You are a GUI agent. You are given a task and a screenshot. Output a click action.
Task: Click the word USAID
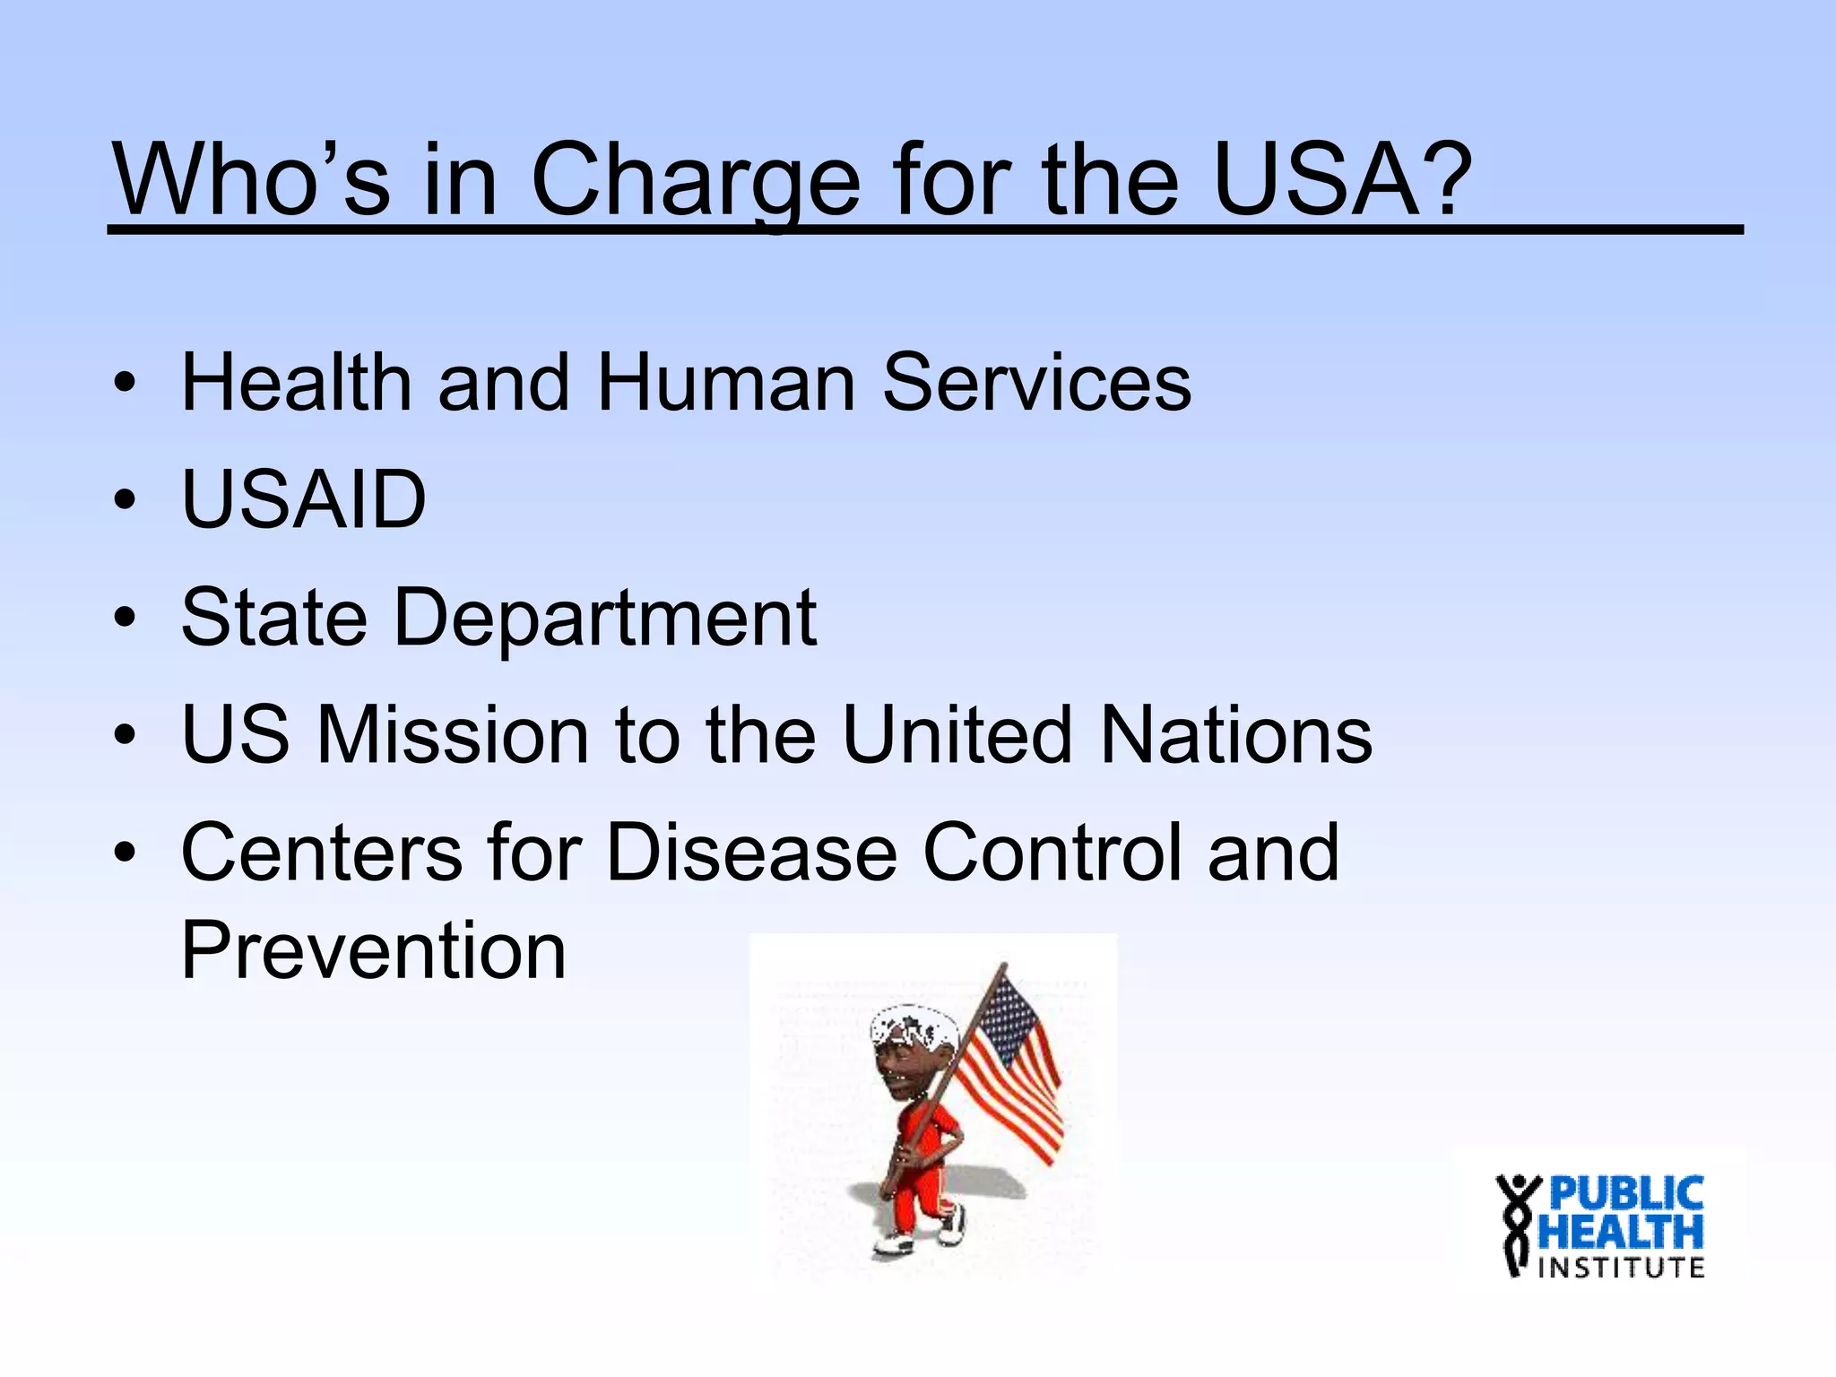(x=303, y=500)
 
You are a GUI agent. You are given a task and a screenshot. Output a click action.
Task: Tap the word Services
(x=1036, y=383)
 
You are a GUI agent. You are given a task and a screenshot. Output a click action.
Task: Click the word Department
(x=605, y=619)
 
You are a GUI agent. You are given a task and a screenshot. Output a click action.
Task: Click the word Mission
(x=453, y=735)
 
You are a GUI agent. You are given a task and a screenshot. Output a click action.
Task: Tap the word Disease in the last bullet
(x=751, y=853)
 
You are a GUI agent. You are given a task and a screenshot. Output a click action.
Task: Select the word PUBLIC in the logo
(x=1625, y=1194)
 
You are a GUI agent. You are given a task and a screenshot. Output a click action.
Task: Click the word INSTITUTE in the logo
(x=1621, y=1268)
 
